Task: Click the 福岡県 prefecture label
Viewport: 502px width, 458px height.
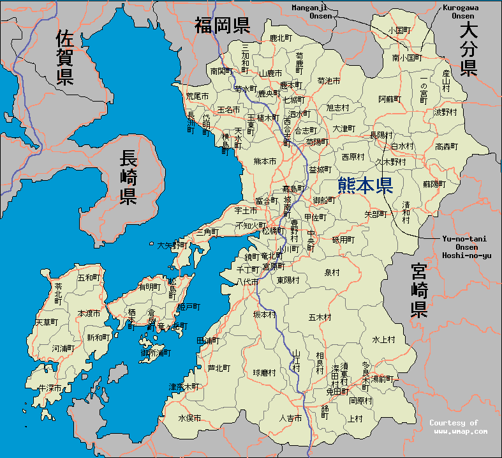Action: pos(221,26)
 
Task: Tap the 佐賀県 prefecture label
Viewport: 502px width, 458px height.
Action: pos(64,57)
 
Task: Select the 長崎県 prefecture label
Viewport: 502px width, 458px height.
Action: pos(128,178)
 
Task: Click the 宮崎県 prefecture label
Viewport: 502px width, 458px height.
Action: pos(418,291)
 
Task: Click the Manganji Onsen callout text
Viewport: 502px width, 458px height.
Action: pos(313,11)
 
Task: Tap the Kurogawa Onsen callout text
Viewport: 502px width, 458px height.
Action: pos(459,11)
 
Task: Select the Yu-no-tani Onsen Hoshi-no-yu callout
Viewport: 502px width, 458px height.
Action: pos(464,247)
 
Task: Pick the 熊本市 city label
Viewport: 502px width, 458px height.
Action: pos(265,161)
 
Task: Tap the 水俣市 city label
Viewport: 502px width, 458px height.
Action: pos(189,418)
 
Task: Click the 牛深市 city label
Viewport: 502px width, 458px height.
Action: pos(50,388)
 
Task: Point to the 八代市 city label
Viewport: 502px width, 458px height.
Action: pos(247,281)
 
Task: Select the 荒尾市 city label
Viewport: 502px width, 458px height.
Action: pos(197,96)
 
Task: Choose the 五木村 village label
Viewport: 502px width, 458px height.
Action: pos(319,317)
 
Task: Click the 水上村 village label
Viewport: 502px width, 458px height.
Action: pos(383,339)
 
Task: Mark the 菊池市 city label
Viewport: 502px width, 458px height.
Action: pos(329,81)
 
